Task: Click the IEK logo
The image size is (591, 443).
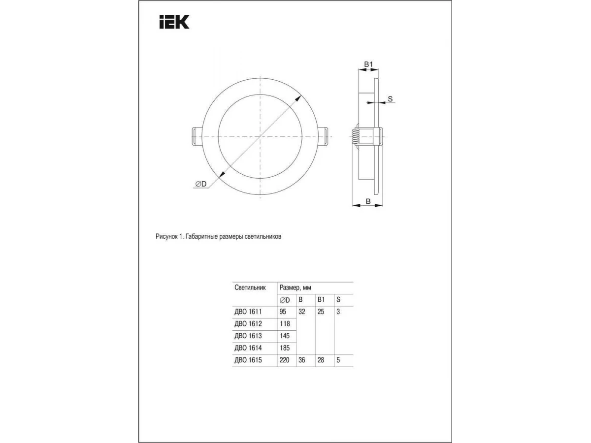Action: point(174,22)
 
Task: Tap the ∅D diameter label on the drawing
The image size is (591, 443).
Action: point(201,184)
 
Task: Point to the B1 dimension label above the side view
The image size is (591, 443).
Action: point(368,64)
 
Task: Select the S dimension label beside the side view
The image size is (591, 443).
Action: point(390,99)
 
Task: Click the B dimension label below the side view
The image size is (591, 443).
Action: point(368,201)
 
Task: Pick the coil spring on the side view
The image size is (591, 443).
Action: point(355,137)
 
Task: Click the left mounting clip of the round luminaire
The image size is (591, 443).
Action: point(197,137)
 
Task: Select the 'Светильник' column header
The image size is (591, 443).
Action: point(250,287)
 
